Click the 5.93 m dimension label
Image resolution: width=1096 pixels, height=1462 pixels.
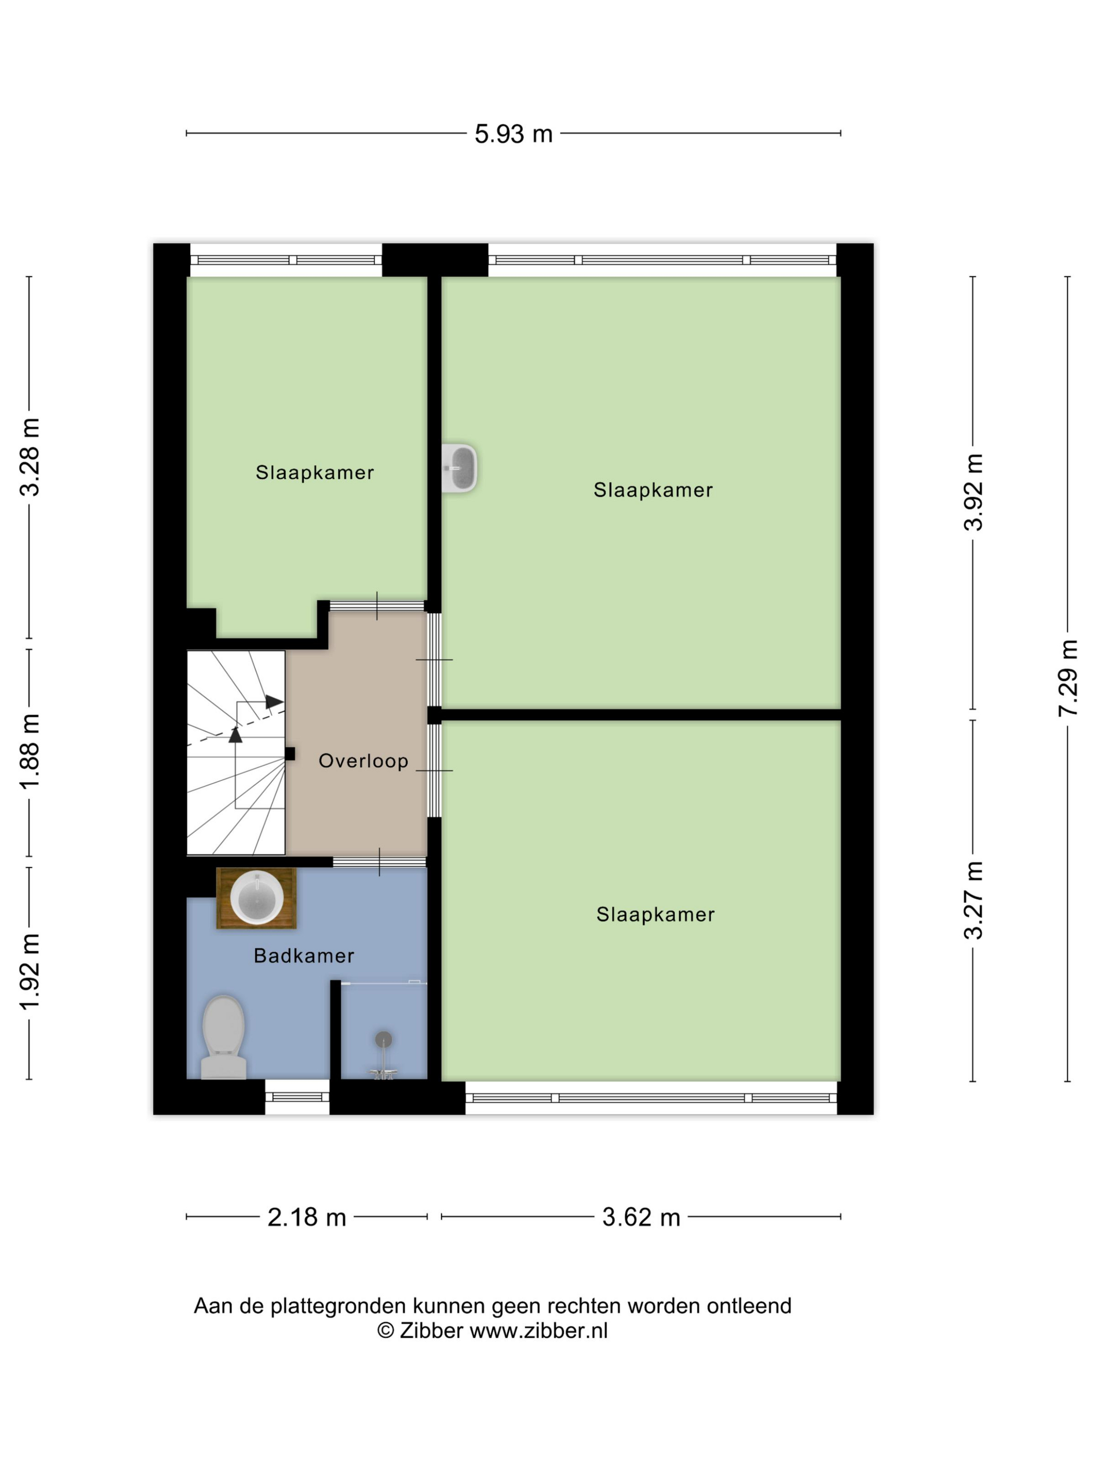[x=514, y=134]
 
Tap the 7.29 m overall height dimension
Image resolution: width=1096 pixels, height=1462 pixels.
[x=1068, y=677]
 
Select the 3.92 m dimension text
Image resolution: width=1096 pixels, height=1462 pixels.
[x=973, y=492]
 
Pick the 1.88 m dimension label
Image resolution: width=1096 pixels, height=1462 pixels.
[x=30, y=751]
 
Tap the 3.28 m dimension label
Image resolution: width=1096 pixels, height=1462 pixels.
[x=30, y=457]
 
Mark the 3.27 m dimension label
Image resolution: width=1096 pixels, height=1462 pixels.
[x=973, y=901]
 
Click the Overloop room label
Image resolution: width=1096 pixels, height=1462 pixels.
[x=363, y=761]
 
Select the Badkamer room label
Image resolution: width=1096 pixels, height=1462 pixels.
[x=304, y=956]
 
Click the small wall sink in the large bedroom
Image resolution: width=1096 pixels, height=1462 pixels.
[x=459, y=468]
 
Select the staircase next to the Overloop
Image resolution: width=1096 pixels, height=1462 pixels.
[x=236, y=753]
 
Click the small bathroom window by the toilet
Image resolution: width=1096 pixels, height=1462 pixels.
[x=297, y=1097]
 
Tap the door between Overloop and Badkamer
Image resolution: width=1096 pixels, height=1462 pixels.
[x=379, y=862]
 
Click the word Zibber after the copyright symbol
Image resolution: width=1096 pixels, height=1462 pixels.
[x=432, y=1330]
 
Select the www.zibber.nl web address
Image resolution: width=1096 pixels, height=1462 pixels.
[x=539, y=1330]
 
